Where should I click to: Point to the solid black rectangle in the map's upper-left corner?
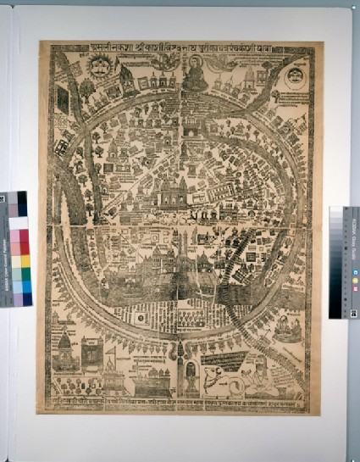63,100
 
